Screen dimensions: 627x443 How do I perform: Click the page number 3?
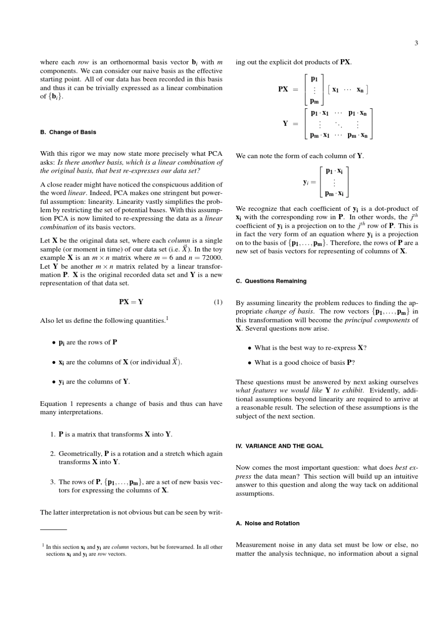(416, 43)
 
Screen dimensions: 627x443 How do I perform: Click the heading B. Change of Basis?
(68, 132)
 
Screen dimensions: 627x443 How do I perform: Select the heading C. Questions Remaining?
(271, 281)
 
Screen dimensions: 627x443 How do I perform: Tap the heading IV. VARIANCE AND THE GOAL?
(279, 446)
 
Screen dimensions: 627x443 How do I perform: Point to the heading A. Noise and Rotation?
(268, 523)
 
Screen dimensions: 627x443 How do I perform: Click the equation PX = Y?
(131, 301)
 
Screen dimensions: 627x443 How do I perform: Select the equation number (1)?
(218, 301)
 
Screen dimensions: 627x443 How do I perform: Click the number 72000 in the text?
(211, 258)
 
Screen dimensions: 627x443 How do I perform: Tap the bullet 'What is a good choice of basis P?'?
(305, 362)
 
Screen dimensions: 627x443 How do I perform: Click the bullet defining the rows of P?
(88, 342)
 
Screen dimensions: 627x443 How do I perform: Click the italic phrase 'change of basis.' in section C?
(289, 312)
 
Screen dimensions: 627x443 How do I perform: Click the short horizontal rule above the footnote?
(53, 529)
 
